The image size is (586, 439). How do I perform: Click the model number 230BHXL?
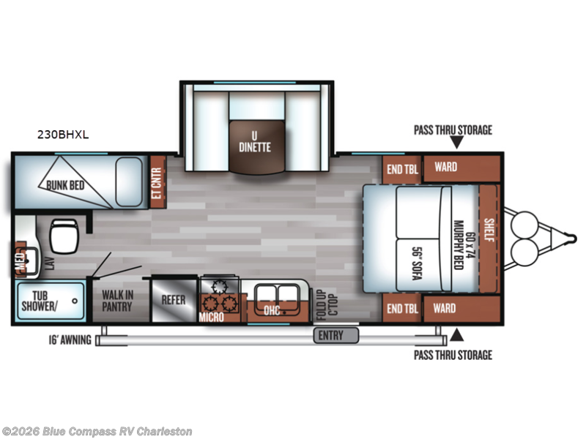tap(63, 135)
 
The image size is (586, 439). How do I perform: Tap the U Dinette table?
tap(256, 147)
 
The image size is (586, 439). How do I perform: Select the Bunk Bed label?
tap(65, 185)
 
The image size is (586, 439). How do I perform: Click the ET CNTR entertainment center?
tap(157, 182)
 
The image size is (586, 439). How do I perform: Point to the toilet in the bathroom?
tap(64, 236)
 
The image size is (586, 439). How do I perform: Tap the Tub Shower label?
tap(40, 301)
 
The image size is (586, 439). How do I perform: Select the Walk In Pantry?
tap(117, 301)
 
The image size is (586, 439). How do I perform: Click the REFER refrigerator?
tap(174, 299)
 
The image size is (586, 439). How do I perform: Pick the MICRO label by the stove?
tap(211, 317)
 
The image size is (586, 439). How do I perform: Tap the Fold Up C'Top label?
tap(327, 305)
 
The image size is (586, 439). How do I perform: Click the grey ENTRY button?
tap(336, 335)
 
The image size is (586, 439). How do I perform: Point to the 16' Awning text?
tap(70, 339)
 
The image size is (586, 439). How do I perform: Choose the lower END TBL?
tap(402, 308)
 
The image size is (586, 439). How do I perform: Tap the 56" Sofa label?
tap(417, 263)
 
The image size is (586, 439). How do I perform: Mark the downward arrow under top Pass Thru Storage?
tap(456, 142)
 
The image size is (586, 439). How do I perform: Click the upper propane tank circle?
tap(524, 224)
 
